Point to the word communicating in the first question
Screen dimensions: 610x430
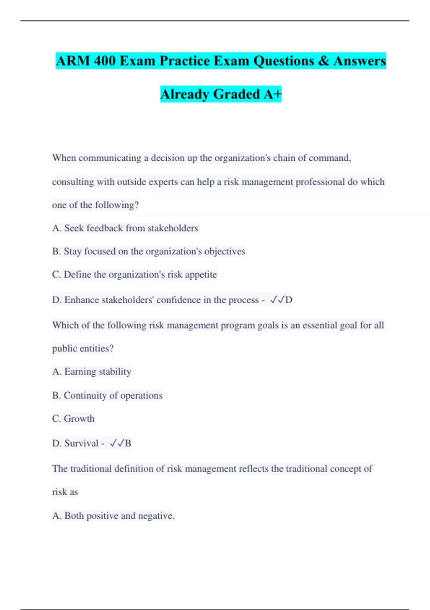pyautogui.click(x=110, y=158)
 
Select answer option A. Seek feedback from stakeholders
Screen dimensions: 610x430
pyautogui.click(x=125, y=228)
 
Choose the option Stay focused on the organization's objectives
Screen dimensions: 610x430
pyautogui.click(x=149, y=252)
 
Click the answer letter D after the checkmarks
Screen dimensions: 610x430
pyautogui.click(x=289, y=300)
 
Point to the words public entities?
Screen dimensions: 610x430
pyautogui.click(x=83, y=348)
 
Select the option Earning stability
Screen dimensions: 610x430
pyautogui.click(x=92, y=372)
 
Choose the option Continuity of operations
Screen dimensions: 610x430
pyautogui.click(x=107, y=395)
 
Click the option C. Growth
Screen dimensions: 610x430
pyautogui.click(x=73, y=419)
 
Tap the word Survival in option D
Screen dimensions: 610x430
pyautogui.click(x=81, y=444)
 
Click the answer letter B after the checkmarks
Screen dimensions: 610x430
pyautogui.click(x=128, y=444)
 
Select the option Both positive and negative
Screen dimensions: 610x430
pyautogui.click(x=113, y=516)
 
